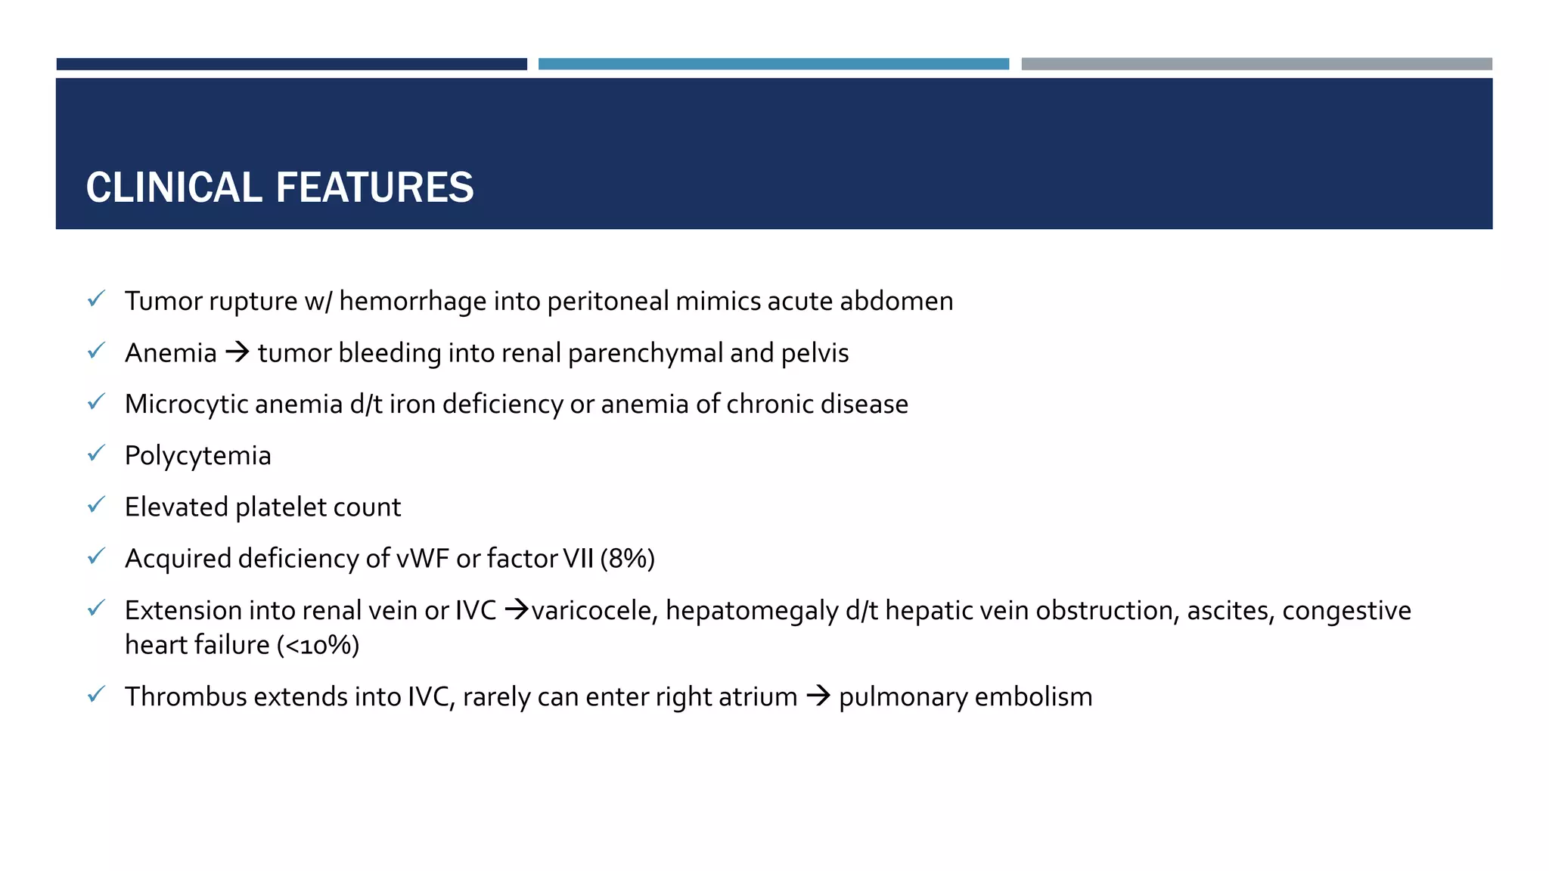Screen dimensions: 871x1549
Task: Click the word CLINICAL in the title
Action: click(173, 188)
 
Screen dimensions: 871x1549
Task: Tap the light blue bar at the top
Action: click(773, 64)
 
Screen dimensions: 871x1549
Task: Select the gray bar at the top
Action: click(1256, 64)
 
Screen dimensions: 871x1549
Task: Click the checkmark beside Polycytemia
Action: click(96, 454)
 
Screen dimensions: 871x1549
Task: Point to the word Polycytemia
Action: click(197, 456)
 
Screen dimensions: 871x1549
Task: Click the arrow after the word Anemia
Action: click(237, 352)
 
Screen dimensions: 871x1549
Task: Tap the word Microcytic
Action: click(185, 405)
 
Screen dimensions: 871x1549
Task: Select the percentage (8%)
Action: click(627, 559)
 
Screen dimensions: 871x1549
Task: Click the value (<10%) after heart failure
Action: click(318, 646)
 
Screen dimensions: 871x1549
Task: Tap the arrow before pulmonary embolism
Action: click(818, 696)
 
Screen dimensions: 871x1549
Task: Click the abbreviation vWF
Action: click(423, 559)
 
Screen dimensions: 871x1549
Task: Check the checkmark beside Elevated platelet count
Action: click(96, 505)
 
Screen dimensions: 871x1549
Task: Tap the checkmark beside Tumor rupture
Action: click(96, 299)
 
